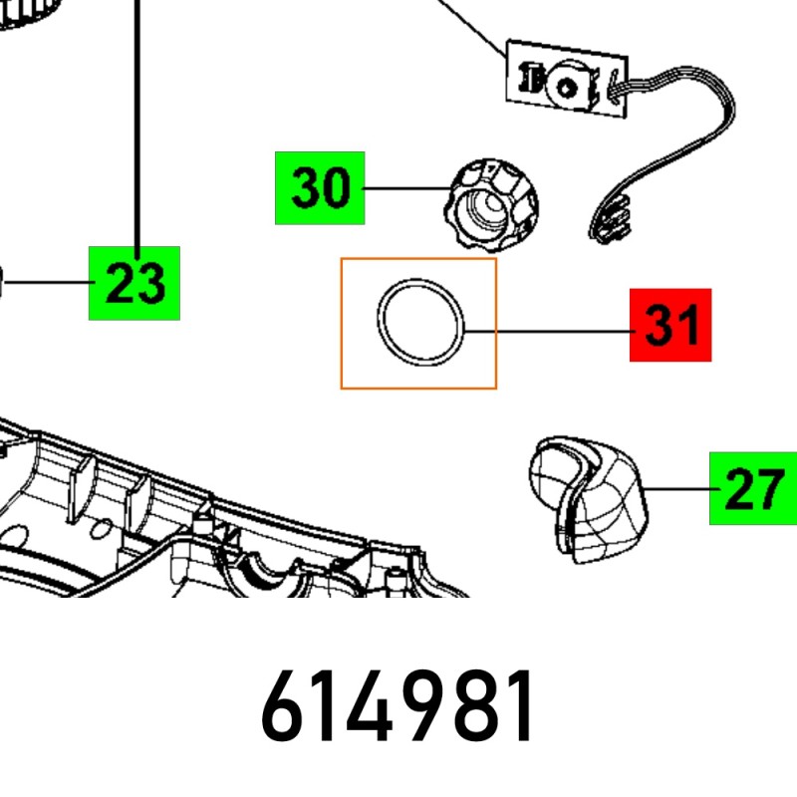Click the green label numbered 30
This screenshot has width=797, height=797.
320,188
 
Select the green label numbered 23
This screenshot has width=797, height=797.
134,283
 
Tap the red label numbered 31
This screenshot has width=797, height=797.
670,326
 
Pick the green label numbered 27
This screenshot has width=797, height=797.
753,488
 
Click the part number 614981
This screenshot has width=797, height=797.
397,706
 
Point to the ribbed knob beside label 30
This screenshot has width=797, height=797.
491,205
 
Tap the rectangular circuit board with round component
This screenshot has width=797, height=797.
567,79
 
